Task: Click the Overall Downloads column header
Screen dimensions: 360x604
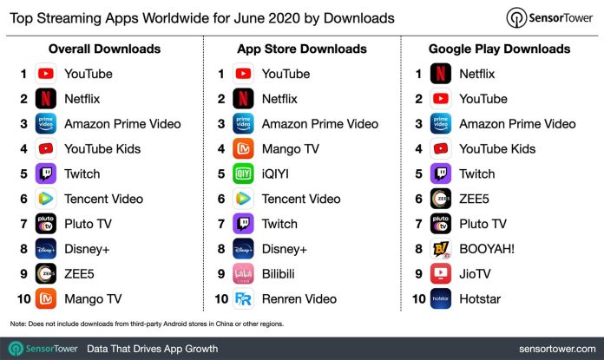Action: point(104,49)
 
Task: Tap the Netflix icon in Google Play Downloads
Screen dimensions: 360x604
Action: point(440,74)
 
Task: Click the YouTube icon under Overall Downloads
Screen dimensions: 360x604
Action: point(46,74)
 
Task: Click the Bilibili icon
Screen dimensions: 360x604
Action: point(244,274)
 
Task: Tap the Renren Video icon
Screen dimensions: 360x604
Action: point(244,299)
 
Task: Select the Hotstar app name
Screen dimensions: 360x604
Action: point(481,299)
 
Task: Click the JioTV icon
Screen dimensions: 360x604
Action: point(440,274)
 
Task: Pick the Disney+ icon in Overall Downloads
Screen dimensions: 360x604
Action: point(46,249)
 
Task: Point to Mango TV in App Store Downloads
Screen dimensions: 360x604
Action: point(290,148)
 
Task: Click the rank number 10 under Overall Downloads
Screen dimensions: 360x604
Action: point(23,299)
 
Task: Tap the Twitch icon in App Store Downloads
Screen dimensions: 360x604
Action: point(244,224)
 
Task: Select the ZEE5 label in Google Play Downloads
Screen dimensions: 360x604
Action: point(476,199)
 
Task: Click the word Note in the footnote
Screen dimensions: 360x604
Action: point(18,324)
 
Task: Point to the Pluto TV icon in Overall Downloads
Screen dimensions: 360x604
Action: point(46,224)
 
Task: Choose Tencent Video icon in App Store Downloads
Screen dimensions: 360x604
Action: point(244,199)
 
